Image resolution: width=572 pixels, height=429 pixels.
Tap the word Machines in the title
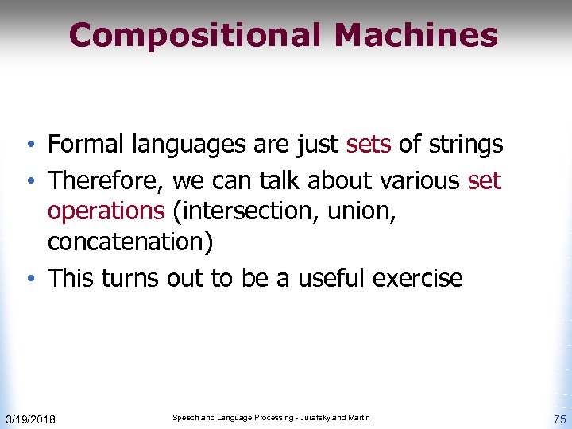click(x=415, y=36)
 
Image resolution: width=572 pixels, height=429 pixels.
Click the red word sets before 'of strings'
click(x=369, y=145)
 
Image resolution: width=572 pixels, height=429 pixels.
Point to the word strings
click(x=466, y=145)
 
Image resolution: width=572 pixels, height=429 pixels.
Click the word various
click(x=419, y=180)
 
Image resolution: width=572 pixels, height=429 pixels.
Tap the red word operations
click(x=106, y=211)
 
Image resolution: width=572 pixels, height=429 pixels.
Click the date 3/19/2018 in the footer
click(x=30, y=419)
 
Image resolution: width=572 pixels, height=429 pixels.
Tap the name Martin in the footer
click(x=356, y=418)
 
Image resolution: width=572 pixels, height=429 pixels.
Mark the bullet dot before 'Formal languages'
click(x=29, y=146)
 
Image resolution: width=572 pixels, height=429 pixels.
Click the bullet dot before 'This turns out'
click(x=29, y=279)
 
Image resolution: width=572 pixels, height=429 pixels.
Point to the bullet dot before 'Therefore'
click(x=29, y=182)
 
